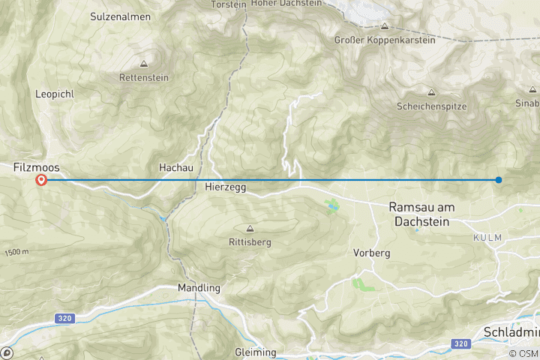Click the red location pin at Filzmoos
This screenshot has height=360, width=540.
click(42, 179)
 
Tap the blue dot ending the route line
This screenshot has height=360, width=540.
click(498, 179)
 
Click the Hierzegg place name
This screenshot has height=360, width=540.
click(225, 186)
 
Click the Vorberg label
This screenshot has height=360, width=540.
click(371, 253)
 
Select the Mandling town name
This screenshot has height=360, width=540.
click(199, 287)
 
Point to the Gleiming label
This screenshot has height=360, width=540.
click(255, 352)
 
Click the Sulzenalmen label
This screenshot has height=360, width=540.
click(120, 16)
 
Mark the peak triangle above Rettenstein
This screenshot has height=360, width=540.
click(143, 64)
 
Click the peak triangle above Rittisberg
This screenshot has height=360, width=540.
click(250, 229)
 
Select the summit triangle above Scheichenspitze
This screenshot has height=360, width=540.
click(431, 92)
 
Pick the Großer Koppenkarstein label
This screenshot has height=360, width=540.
click(384, 39)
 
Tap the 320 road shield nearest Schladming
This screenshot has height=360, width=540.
click(460, 343)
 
